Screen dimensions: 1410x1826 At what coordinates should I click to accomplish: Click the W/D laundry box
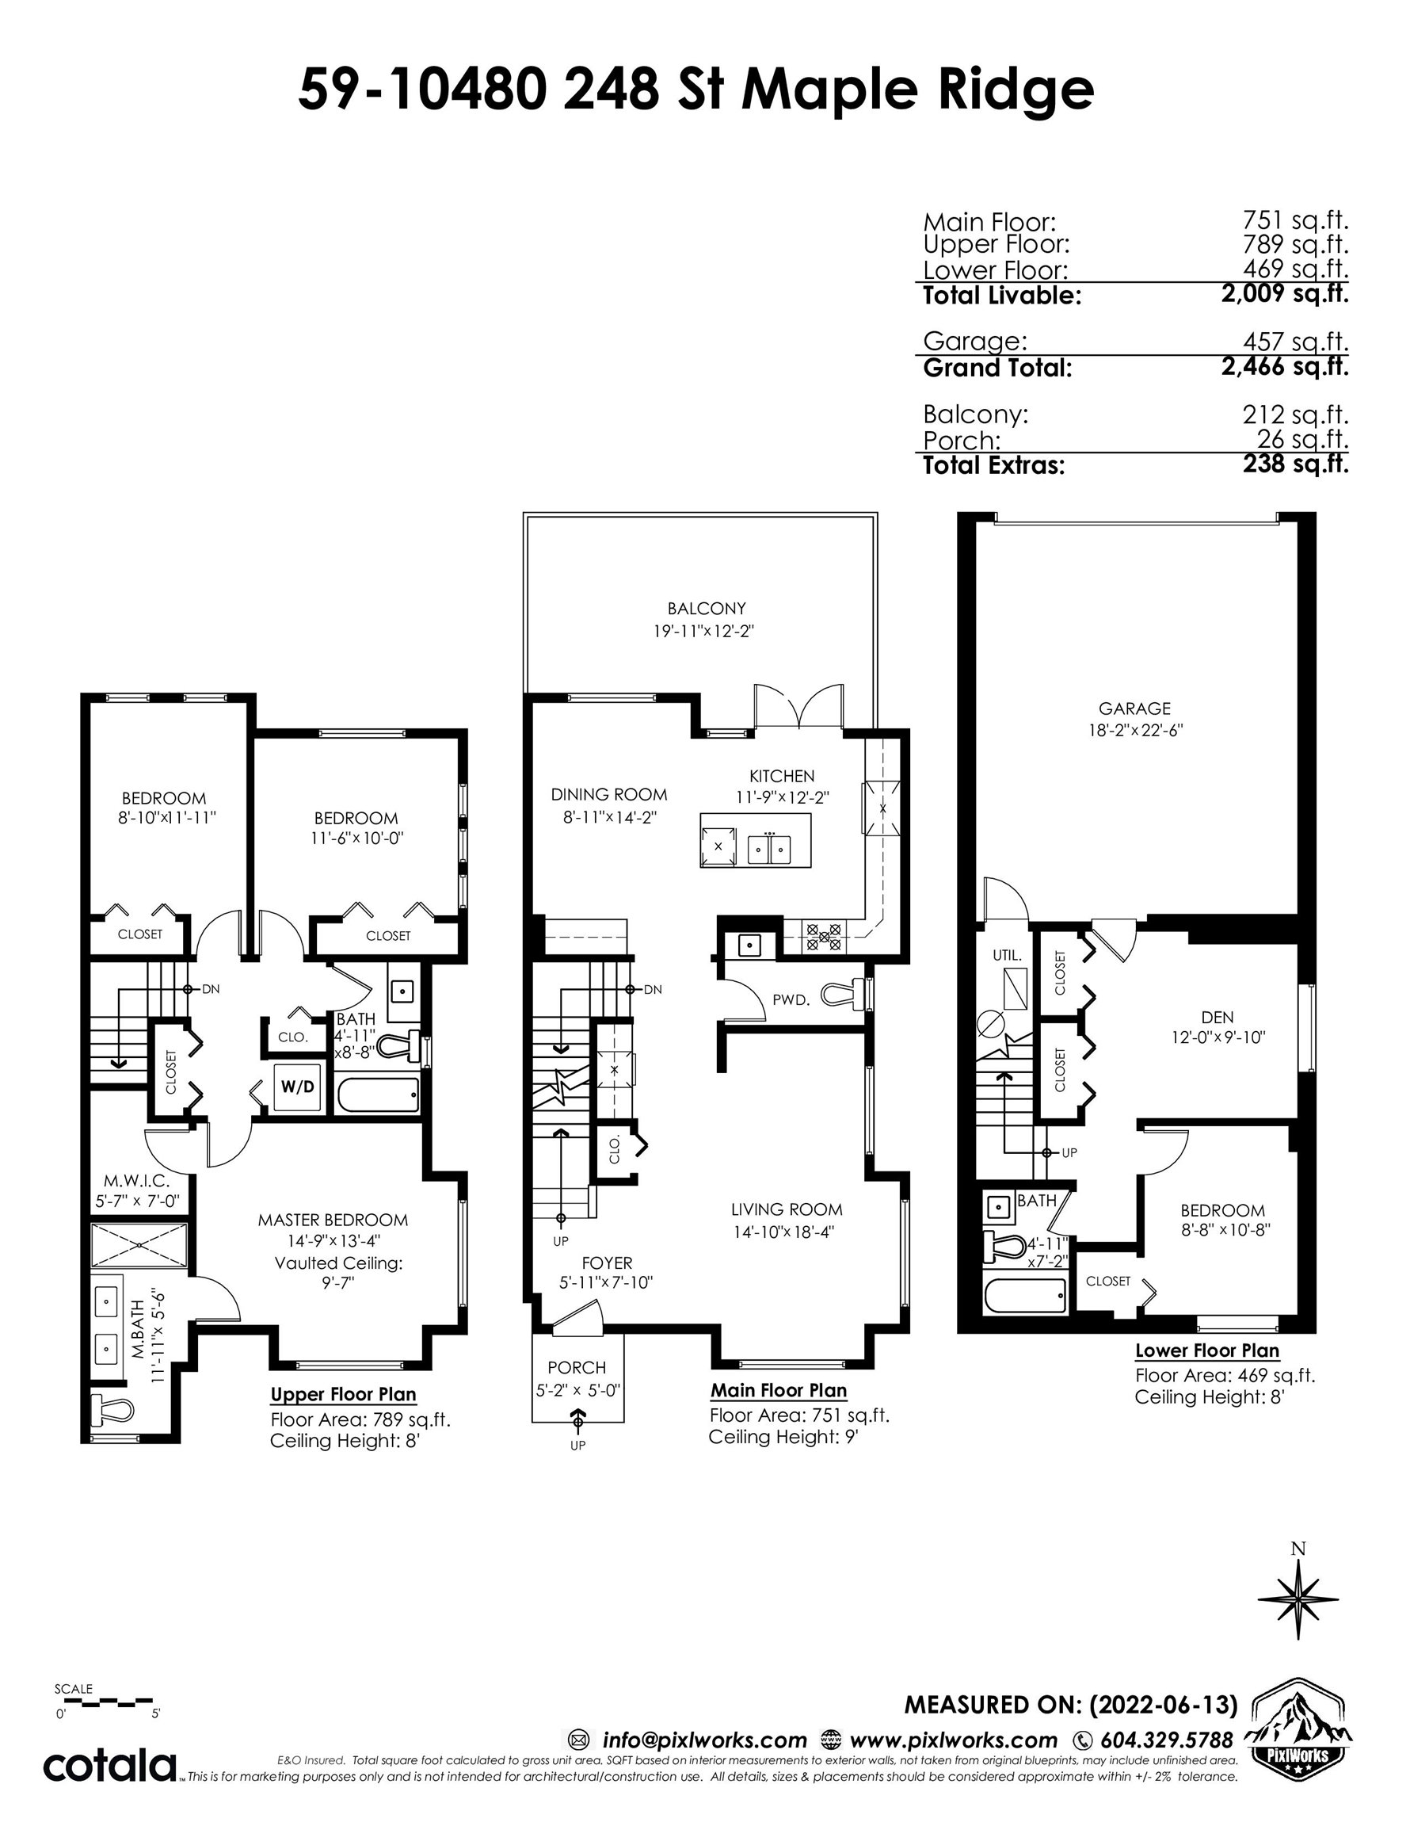click(x=299, y=1086)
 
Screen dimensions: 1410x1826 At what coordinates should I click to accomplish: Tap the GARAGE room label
click(x=1134, y=707)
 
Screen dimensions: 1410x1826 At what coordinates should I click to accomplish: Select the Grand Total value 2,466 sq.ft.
click(x=1285, y=366)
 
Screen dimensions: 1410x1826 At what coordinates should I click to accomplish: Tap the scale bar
click(x=104, y=1701)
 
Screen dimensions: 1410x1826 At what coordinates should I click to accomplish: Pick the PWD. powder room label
click(x=791, y=999)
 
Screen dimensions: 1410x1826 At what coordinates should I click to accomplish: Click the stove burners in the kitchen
click(x=823, y=934)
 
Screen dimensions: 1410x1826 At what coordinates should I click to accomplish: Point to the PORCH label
click(x=577, y=1368)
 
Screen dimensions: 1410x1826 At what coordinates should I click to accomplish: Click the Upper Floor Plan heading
click(x=343, y=1394)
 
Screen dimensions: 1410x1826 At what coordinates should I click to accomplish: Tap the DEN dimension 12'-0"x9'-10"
click(x=1218, y=1037)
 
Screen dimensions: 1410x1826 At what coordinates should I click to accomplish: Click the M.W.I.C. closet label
click(x=136, y=1182)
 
